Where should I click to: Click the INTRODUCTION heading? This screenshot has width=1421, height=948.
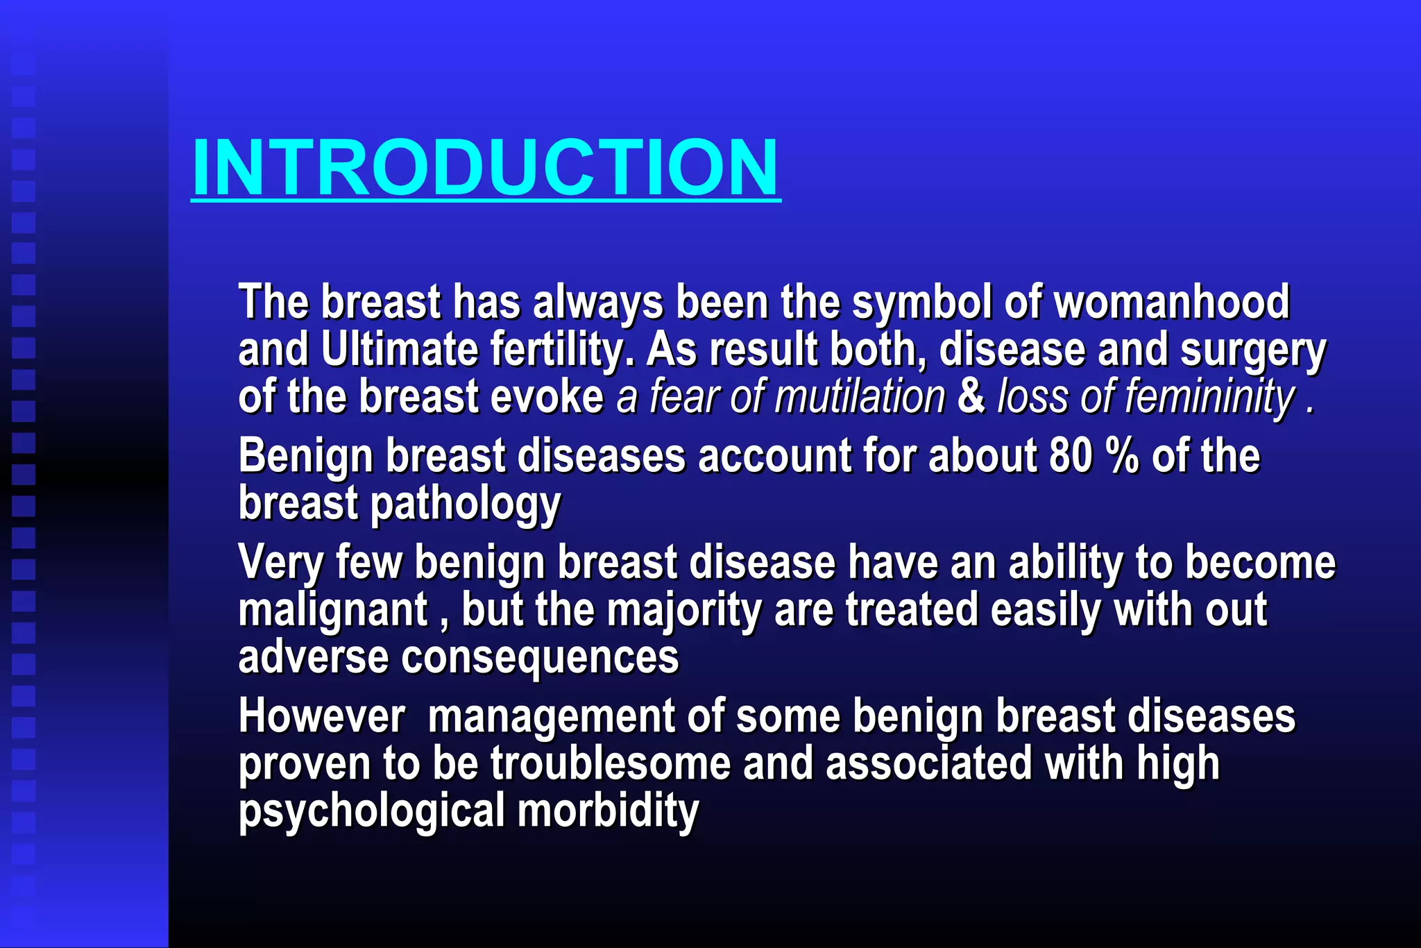point(486,167)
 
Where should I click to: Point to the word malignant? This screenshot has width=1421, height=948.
point(333,610)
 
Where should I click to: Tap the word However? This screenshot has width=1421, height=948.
point(322,716)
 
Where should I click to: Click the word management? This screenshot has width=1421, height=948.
point(551,716)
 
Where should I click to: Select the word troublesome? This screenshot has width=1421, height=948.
point(611,763)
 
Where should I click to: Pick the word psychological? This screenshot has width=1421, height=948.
point(372,811)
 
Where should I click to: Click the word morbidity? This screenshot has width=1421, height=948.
point(608,811)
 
